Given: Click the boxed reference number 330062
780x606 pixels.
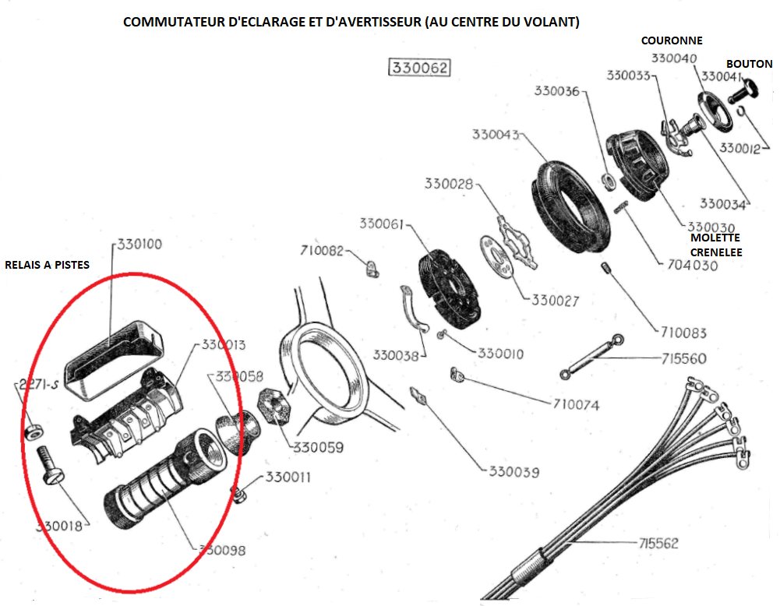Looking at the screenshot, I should click(420, 69).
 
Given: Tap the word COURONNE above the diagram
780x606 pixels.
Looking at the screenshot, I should click(672, 41).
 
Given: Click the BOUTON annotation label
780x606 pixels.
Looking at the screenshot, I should click(749, 64).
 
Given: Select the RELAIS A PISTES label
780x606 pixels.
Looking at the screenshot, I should click(47, 265).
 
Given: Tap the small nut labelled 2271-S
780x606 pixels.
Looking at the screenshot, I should click(34, 431).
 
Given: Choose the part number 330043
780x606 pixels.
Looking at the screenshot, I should click(496, 134).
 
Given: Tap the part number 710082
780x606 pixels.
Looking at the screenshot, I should click(322, 251).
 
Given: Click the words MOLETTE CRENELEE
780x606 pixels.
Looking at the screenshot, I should click(715, 245).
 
